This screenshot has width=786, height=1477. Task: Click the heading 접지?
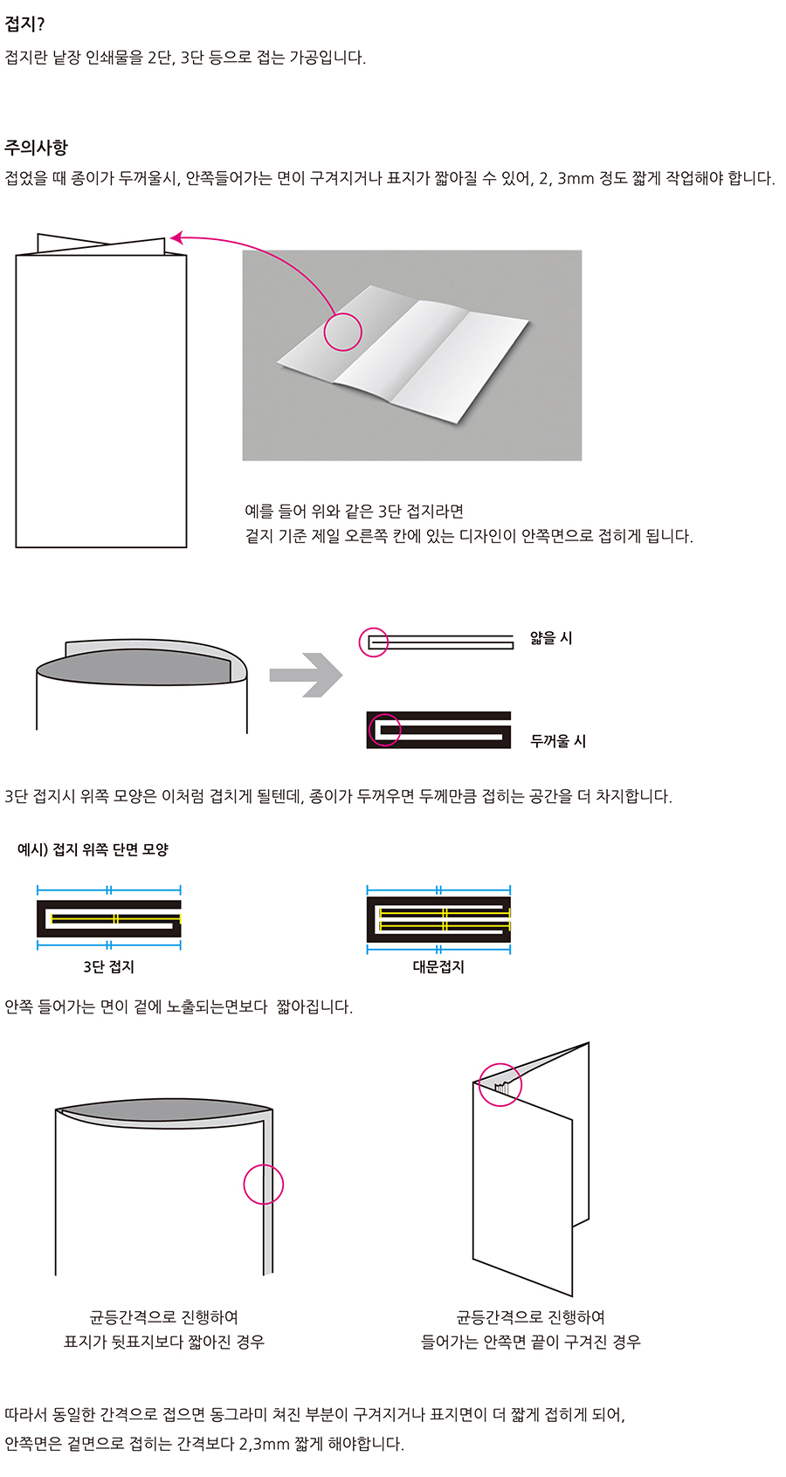[x=24, y=24]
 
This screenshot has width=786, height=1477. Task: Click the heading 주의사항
[x=37, y=147]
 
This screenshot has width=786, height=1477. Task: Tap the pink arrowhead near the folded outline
[x=176, y=237]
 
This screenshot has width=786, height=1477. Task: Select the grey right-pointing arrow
[x=307, y=675]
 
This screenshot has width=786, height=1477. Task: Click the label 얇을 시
[x=551, y=638]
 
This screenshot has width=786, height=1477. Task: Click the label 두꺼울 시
[x=558, y=741]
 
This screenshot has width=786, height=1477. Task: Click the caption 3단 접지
[x=109, y=966]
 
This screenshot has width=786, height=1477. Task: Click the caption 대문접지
[x=439, y=966]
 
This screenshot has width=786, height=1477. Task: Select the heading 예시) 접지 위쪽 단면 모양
[x=93, y=849]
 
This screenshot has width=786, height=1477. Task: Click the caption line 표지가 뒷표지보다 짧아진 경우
[x=164, y=1342]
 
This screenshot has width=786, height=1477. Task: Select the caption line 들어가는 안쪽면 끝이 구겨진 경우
[x=531, y=1342]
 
